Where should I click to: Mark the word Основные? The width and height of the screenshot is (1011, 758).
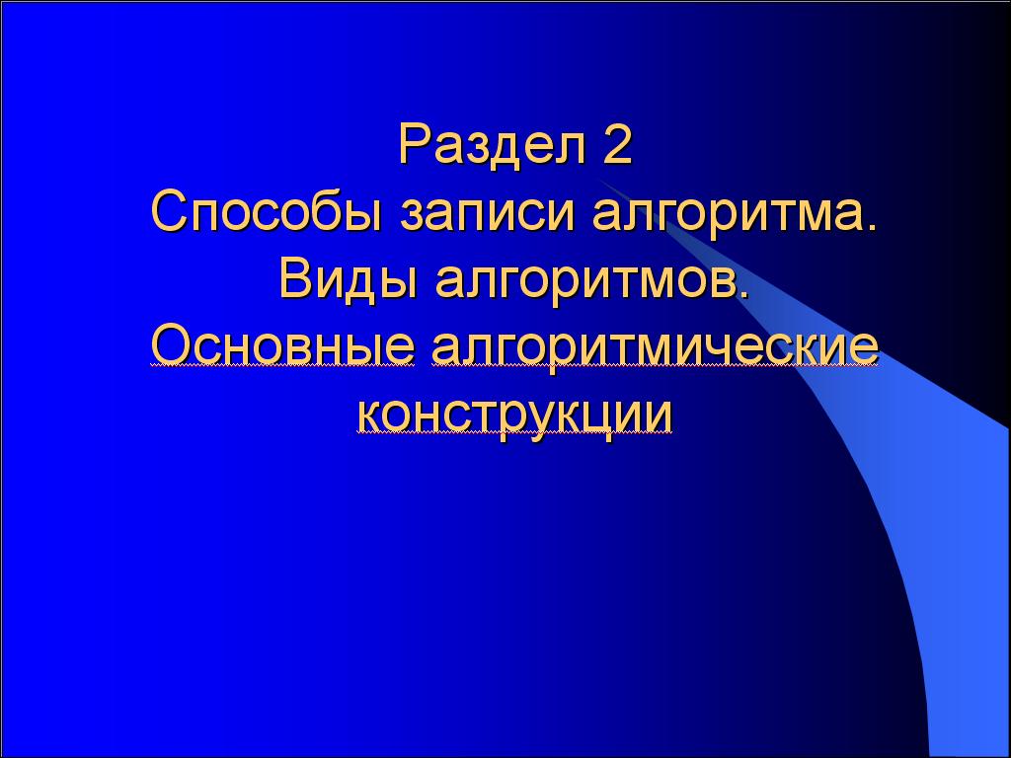[282, 347]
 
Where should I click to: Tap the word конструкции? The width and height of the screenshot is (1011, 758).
[514, 415]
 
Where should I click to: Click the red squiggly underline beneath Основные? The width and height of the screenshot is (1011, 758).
[282, 366]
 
